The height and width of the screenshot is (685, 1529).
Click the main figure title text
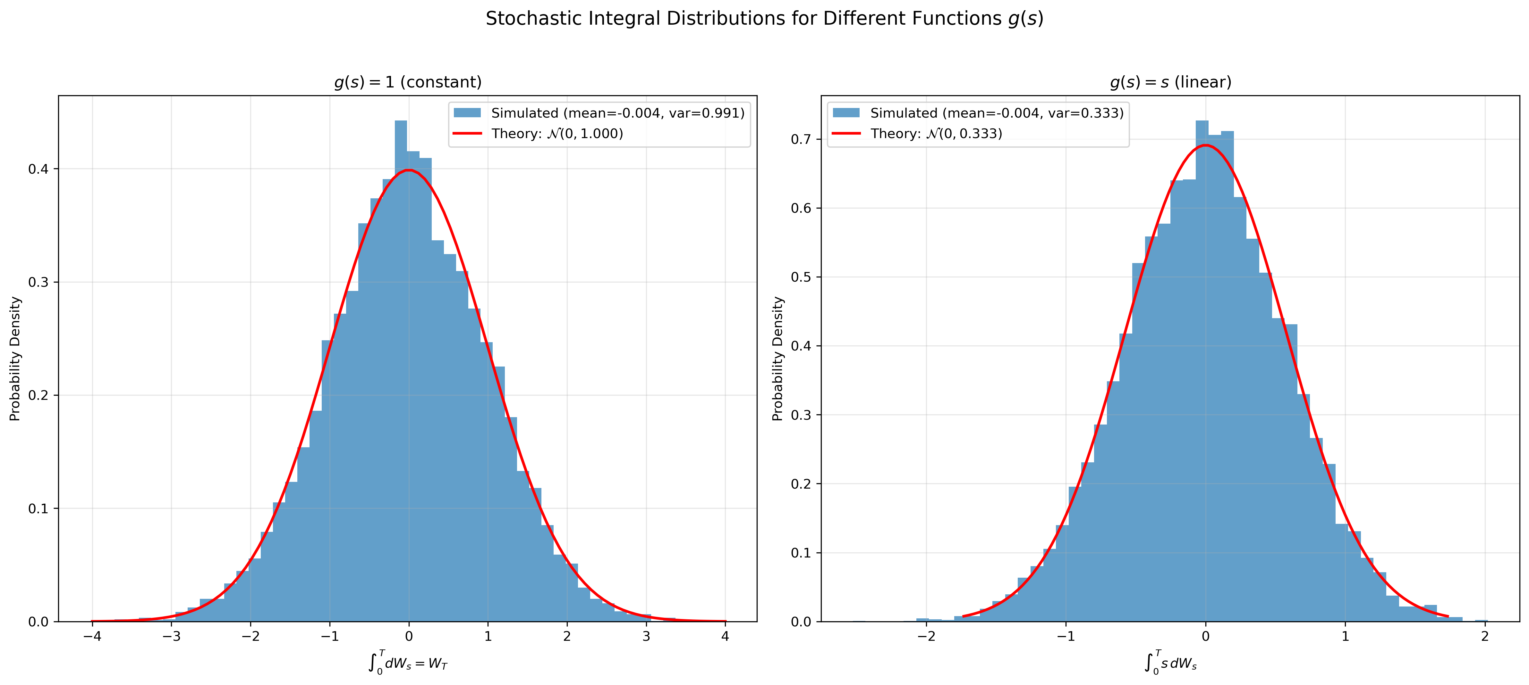pyautogui.click(x=765, y=19)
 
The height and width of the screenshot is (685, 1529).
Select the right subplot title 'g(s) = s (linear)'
pyautogui.click(x=1170, y=82)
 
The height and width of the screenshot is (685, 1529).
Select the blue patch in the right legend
pyautogui.click(x=846, y=113)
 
